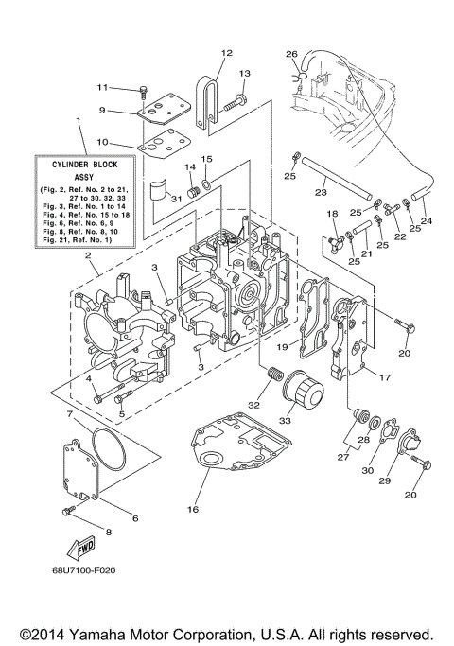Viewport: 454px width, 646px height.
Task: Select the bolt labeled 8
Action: [x=68, y=512]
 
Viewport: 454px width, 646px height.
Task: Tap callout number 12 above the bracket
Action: [x=226, y=53]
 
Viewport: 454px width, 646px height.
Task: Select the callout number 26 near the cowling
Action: [x=291, y=54]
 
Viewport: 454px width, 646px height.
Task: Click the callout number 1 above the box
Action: [x=78, y=119]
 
